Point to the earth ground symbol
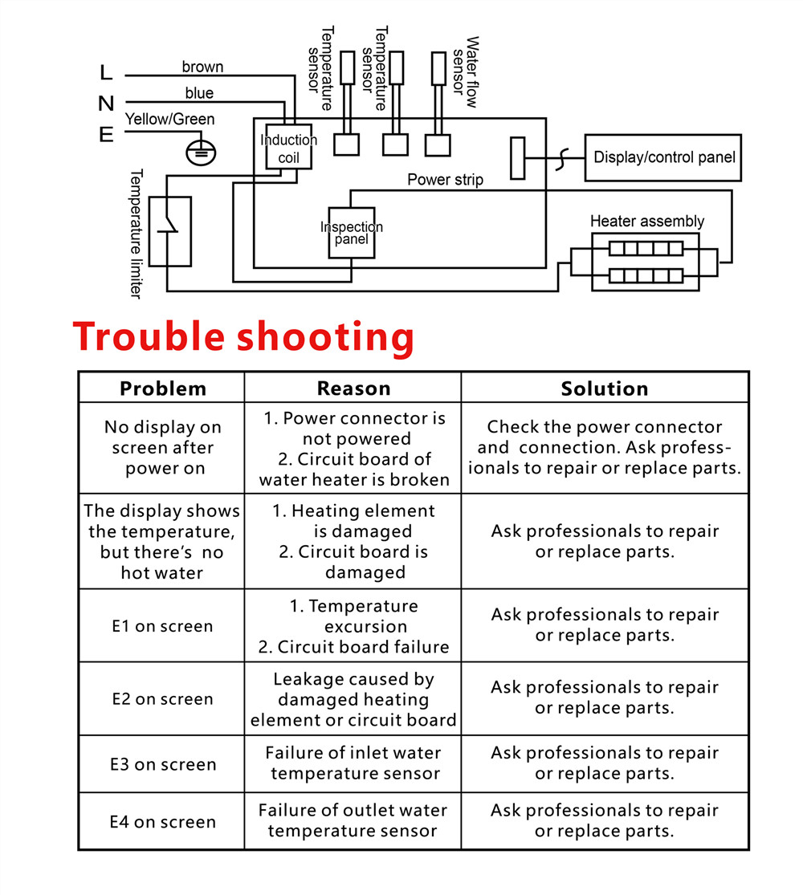point(201,153)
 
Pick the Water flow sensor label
point(465,72)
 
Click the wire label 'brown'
point(202,67)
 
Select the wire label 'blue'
point(199,92)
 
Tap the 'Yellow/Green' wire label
point(169,119)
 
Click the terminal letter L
point(106,72)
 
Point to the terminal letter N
point(106,104)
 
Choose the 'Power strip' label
point(445,180)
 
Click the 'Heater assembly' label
point(647,221)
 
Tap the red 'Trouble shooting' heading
point(243,336)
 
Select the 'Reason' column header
point(353,389)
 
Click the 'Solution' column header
point(604,389)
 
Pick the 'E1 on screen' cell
point(162,626)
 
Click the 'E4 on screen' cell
point(163,822)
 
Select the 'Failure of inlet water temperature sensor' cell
point(353,763)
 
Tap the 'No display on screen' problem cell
point(163,448)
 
